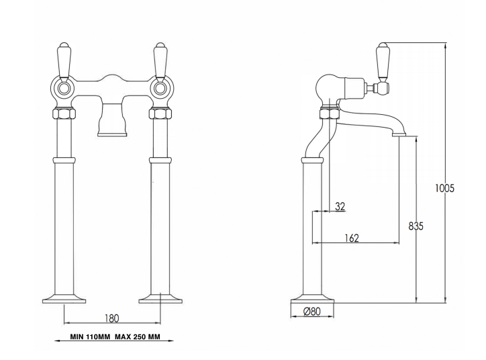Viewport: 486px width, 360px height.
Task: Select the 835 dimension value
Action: [416, 226]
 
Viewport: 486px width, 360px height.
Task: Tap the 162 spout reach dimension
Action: [352, 237]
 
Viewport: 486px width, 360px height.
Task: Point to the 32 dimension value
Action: [340, 207]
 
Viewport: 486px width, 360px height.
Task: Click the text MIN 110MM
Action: [91, 338]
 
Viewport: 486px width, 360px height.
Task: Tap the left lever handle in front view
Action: [64, 61]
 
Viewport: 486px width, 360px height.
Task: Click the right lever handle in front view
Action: [160, 61]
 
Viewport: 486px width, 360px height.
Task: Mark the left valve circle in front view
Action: [64, 87]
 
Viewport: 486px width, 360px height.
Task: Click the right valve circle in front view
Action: [160, 87]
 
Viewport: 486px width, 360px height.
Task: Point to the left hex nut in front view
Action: [64, 112]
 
